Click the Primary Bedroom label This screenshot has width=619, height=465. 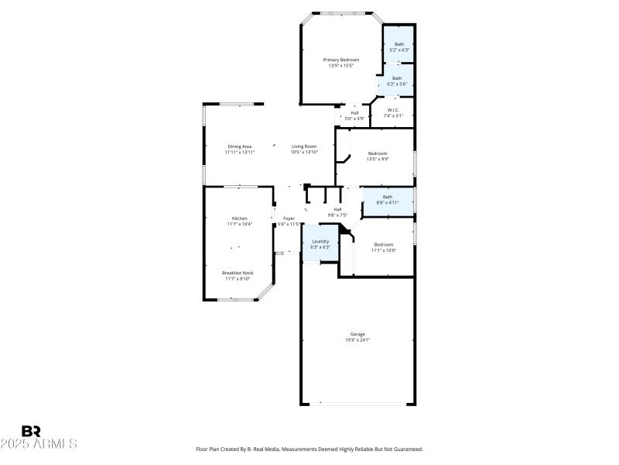340,60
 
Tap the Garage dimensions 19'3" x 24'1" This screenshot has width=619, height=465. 357,340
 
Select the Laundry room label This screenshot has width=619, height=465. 320,241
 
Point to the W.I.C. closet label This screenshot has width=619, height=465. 393,110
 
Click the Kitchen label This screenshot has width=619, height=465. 240,219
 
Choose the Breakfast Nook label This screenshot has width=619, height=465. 238,273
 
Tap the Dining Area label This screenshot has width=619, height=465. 240,146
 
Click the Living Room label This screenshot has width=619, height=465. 304,146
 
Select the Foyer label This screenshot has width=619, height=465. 288,219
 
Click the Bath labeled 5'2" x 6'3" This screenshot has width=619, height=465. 399,44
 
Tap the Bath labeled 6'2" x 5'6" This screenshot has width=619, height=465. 397,77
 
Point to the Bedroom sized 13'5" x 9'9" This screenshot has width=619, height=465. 378,153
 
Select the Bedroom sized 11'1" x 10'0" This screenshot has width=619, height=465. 384,245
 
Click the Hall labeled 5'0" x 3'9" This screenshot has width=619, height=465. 354,113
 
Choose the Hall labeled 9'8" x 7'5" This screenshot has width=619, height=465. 337,209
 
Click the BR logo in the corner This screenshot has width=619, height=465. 31,431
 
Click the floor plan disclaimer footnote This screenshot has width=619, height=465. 309,449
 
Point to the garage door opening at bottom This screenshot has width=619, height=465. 357,404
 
